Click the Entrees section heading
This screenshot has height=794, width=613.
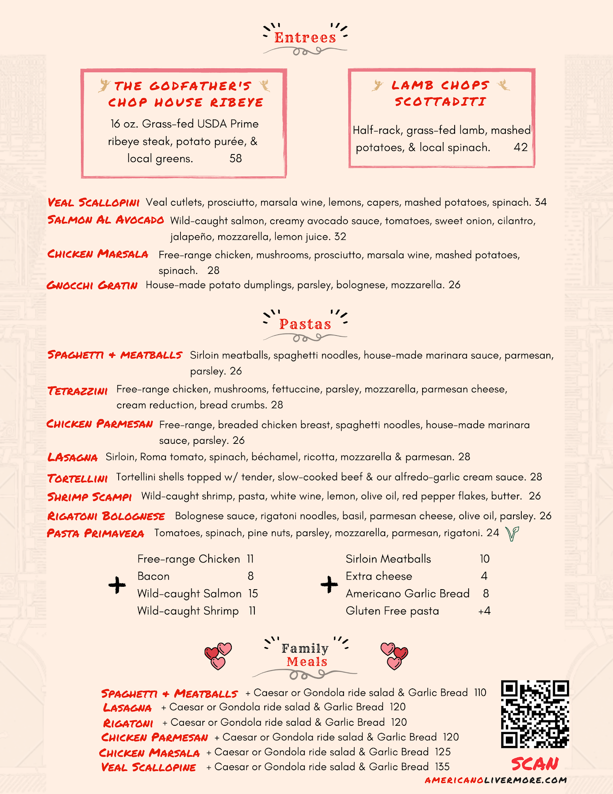coord(305,38)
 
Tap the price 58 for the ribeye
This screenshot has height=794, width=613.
coord(236,158)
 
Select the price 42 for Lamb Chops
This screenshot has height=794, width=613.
coord(521,147)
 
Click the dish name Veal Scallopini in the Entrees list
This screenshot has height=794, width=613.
coord(94,202)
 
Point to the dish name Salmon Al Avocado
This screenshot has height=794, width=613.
coord(106,220)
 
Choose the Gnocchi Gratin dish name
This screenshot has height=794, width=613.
coord(92,285)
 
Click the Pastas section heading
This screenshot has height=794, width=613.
coord(305,324)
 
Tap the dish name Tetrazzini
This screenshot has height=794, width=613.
coord(78,391)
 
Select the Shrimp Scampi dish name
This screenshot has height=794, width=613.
coord(90,497)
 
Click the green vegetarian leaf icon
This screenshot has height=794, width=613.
coord(512,534)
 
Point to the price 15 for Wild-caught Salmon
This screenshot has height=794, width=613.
coord(253,594)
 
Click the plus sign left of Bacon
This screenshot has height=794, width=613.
coord(117,585)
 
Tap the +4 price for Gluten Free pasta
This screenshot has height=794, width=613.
coord(484,611)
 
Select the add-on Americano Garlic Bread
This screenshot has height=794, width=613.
coord(407,594)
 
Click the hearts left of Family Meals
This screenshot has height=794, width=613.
coord(218,656)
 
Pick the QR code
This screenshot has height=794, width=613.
coord(535,714)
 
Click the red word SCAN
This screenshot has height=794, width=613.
coord(535,764)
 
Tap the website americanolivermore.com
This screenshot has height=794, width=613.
coord(496,780)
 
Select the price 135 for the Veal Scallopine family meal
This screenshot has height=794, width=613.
coord(442,767)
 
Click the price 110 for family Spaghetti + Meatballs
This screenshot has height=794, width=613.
coord(480,693)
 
